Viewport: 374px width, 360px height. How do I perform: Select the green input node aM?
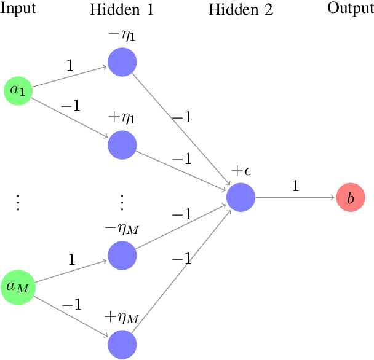(18, 286)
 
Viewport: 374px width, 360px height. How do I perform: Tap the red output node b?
(351, 197)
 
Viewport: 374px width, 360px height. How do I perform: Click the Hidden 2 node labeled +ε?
(241, 197)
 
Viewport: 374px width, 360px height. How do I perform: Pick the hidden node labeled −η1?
(122, 62)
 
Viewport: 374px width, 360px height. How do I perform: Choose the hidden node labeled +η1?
(122, 145)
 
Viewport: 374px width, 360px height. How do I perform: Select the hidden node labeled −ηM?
(122, 255)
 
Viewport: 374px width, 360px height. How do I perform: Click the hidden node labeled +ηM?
(122, 344)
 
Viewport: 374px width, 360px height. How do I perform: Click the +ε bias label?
(241, 171)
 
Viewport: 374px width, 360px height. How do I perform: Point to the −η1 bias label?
(121, 36)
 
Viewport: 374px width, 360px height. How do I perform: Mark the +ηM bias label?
(122, 318)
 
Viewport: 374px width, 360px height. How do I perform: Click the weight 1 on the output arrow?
(295, 186)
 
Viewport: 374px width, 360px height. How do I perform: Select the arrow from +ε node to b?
(295, 197)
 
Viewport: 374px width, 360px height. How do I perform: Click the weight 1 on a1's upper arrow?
(70, 65)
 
